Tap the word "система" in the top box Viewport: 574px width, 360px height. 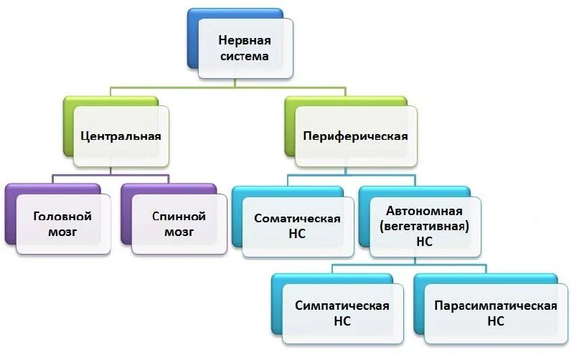244,56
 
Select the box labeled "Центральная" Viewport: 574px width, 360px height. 121,136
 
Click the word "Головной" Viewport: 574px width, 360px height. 62,215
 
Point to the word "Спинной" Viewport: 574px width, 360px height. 179,215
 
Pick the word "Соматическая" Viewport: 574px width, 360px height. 297,218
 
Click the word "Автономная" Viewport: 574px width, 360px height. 419,211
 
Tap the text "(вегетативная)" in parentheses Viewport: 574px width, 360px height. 425,227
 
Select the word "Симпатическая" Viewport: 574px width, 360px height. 342,305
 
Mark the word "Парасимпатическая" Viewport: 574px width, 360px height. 496,305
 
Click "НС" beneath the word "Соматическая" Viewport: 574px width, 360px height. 297,234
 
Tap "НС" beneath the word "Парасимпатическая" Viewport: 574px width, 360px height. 496,321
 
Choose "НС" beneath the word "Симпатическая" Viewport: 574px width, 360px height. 342,321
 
